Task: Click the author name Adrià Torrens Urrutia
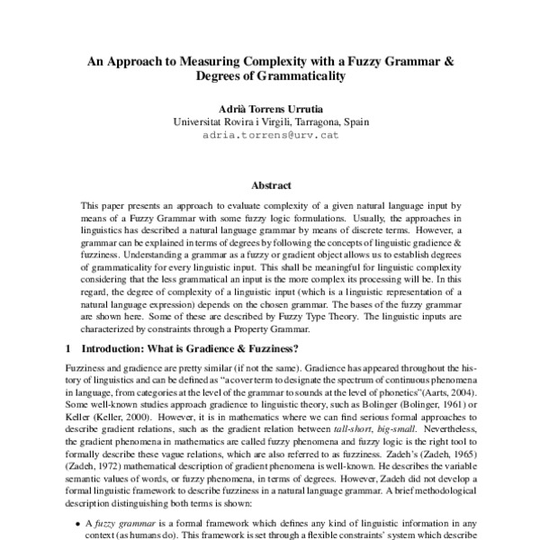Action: pyautogui.click(x=270, y=107)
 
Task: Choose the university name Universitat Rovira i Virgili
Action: pyautogui.click(x=228, y=121)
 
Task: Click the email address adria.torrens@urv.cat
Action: pyautogui.click(x=270, y=135)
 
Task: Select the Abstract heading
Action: pyautogui.click(x=270, y=185)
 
